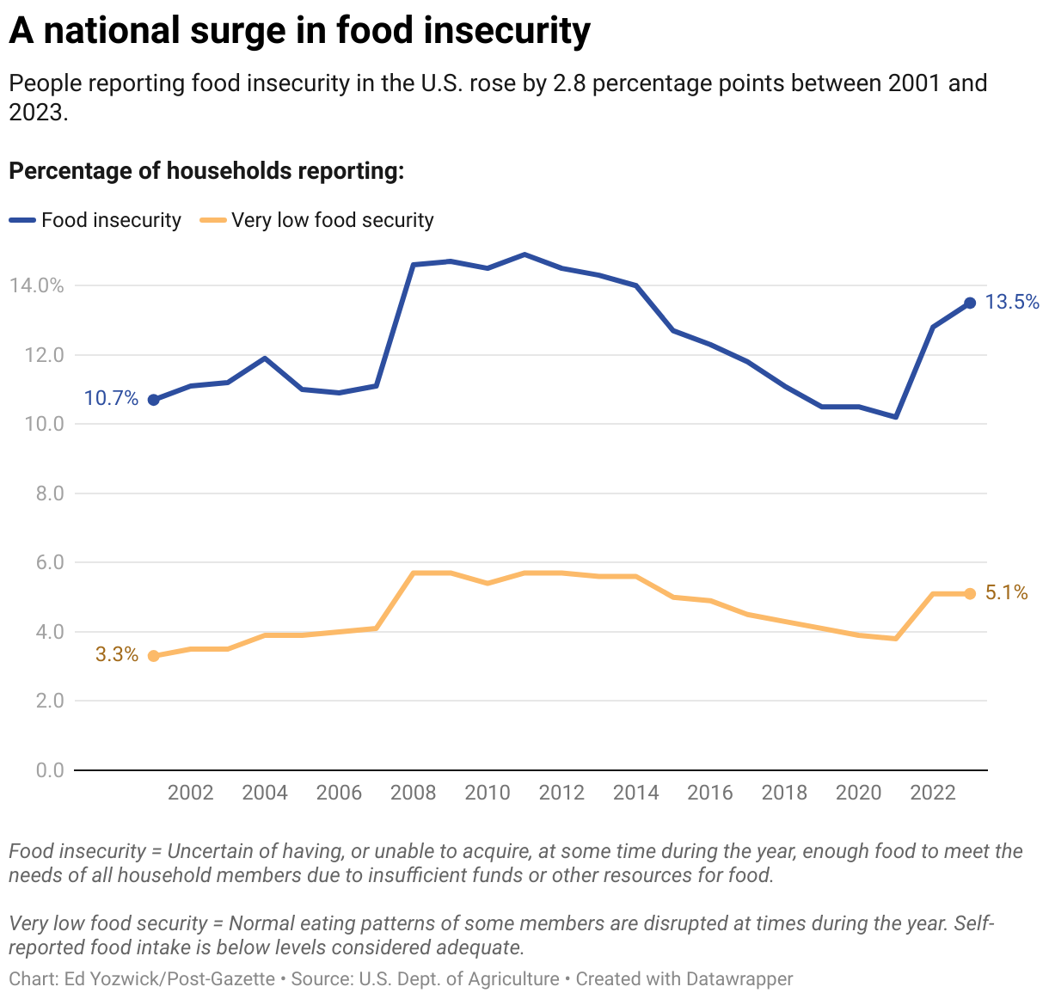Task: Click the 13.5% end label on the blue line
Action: [x=1012, y=302]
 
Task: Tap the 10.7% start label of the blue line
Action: [x=111, y=398]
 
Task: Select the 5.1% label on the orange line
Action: [x=1006, y=592]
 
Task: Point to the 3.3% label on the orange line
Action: [x=116, y=654]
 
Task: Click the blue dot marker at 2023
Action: [x=970, y=303]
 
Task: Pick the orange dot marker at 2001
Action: [x=154, y=656]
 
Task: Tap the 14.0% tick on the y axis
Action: [x=37, y=285]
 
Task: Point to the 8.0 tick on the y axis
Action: [x=51, y=493]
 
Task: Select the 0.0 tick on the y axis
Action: [x=51, y=770]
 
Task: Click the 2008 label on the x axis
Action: [x=414, y=793]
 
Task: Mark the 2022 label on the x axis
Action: [x=933, y=793]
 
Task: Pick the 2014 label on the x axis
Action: [x=636, y=793]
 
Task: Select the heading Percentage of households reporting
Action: [x=206, y=171]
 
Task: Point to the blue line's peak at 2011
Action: [x=524, y=254]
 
